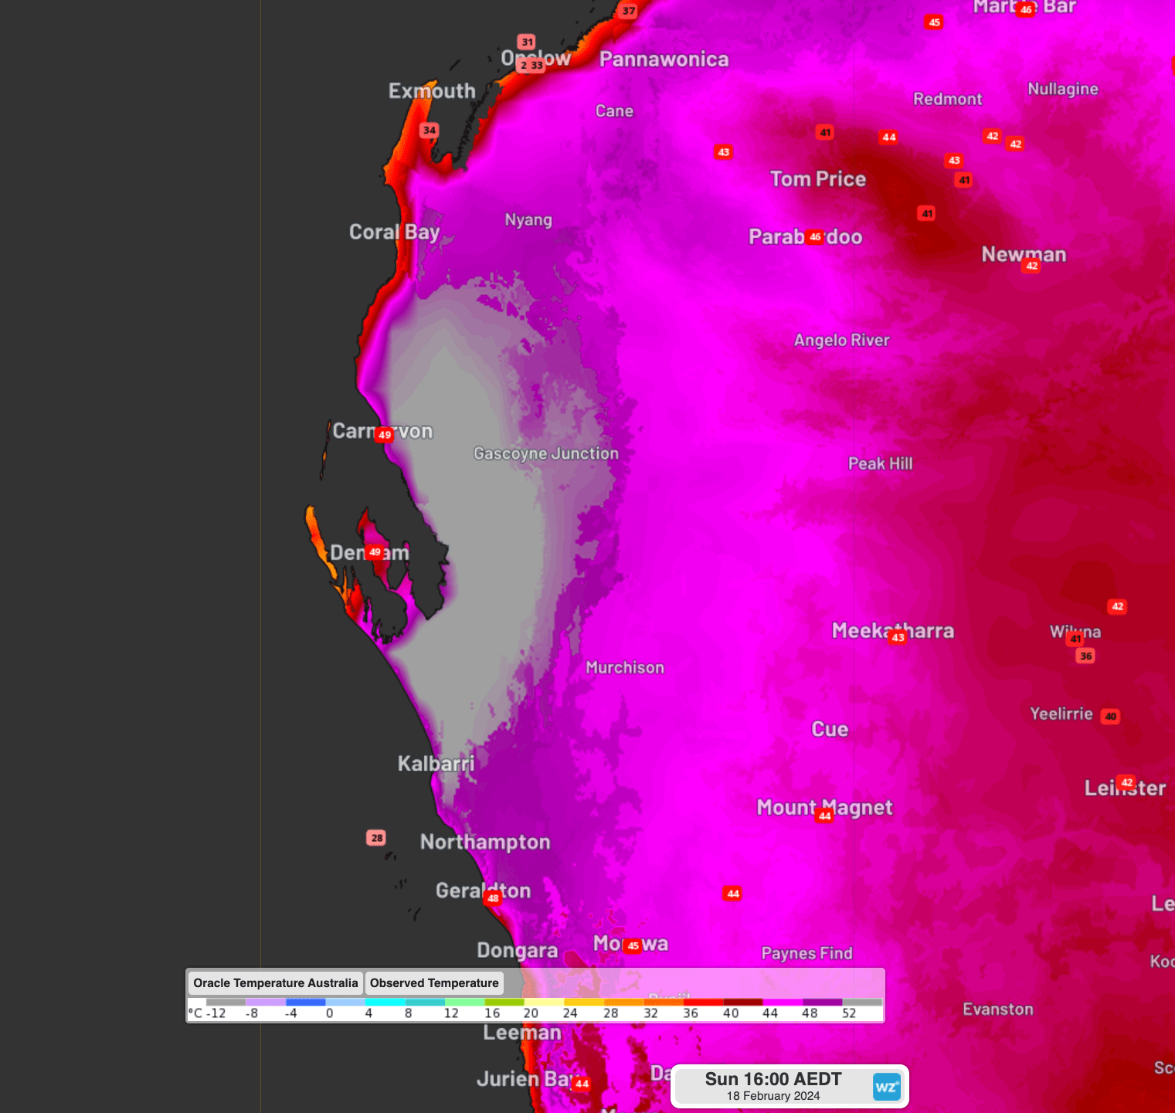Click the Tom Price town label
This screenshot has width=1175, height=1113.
[817, 179]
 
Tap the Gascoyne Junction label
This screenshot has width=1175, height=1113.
[546, 453]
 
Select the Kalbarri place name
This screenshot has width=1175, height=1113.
[436, 764]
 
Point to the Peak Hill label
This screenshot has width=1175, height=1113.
[880, 463]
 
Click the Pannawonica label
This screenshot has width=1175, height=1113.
[664, 59]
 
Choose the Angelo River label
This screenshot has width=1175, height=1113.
[841, 340]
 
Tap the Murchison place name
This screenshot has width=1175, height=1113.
[624, 667]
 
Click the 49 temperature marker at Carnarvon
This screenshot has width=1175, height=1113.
[384, 435]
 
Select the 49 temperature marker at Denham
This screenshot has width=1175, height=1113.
[375, 552]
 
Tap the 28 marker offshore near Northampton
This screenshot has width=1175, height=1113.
[376, 838]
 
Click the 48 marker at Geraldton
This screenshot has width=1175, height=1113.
[493, 898]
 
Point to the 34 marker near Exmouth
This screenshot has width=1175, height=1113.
[430, 130]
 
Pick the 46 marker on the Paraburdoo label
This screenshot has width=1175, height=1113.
[815, 237]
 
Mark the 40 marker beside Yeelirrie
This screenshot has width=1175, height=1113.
[1110, 716]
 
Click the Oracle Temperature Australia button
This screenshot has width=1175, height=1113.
[275, 983]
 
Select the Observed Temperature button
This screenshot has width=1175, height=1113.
[434, 983]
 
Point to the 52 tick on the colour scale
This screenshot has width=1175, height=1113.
[849, 1013]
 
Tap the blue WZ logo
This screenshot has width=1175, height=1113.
[887, 1087]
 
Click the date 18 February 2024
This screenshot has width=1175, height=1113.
[773, 1096]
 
